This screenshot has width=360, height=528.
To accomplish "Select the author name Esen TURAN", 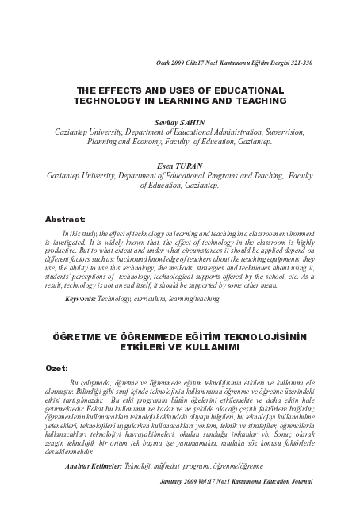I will coord(181,165).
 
